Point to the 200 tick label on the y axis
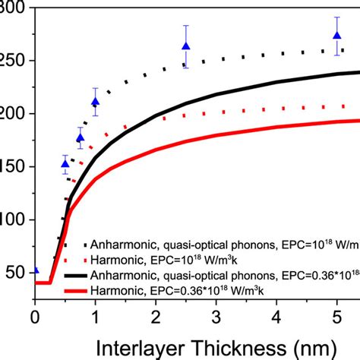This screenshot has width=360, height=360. (13, 114)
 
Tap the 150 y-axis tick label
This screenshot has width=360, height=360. (13, 166)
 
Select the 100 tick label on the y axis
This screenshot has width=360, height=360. (13, 219)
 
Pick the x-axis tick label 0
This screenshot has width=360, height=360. (35, 315)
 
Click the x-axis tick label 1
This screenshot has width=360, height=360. (95, 315)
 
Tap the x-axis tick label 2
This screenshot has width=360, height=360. (156, 315)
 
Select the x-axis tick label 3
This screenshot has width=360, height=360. (216, 315)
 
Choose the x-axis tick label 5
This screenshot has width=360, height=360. (337, 315)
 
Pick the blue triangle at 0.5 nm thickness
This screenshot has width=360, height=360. (65, 163)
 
